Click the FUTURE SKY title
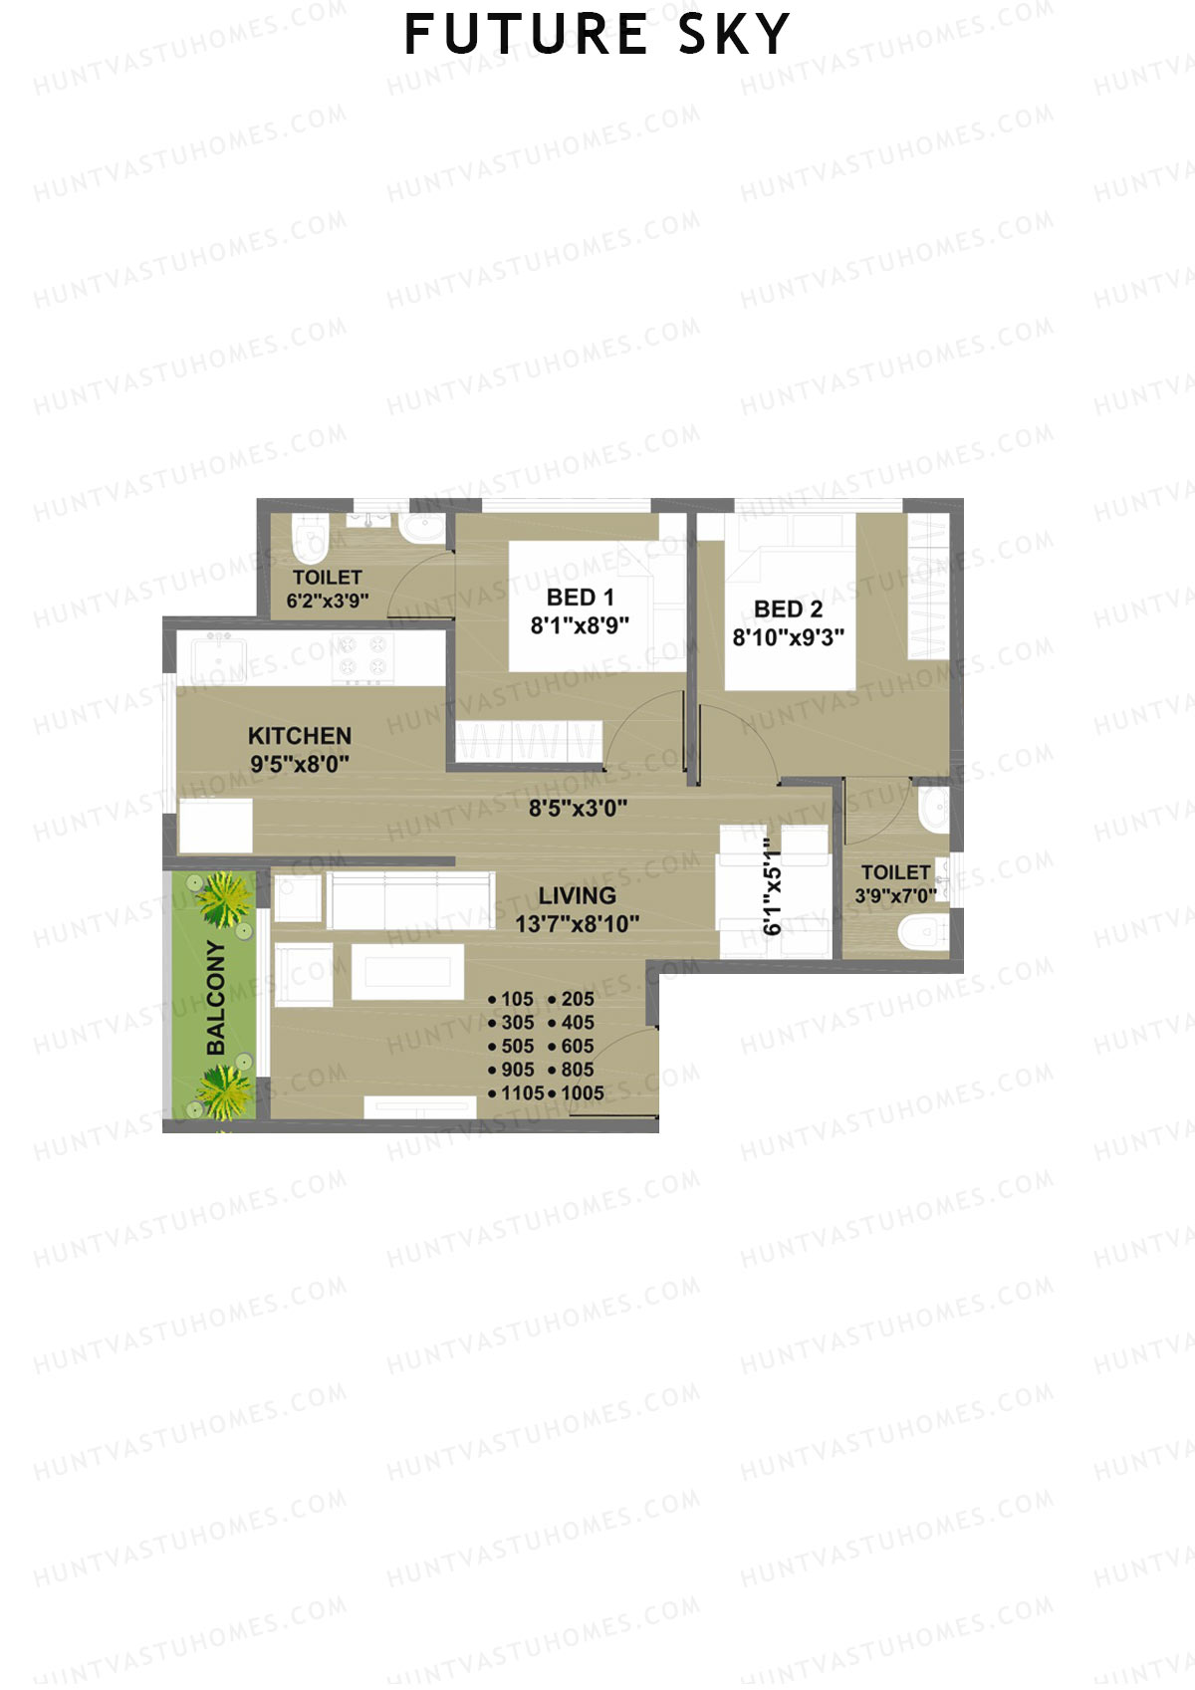[x=597, y=35]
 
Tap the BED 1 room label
[x=581, y=598]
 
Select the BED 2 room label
[x=788, y=609]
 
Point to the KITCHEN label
[x=300, y=736]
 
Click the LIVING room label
[x=578, y=895]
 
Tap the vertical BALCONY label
[x=216, y=998]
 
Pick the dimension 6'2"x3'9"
[x=328, y=602]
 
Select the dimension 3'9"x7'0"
[x=895, y=896]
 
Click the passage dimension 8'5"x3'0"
[x=578, y=809]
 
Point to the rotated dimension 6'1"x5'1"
[x=773, y=886]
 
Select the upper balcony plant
[x=224, y=899]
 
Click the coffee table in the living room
[x=407, y=971]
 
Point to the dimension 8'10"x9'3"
[x=789, y=637]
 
